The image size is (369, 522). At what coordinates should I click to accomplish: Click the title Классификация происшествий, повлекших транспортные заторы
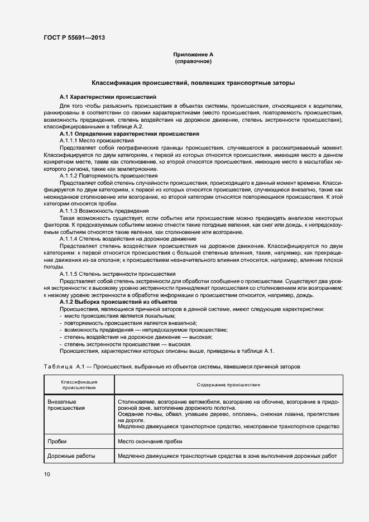coord(193,83)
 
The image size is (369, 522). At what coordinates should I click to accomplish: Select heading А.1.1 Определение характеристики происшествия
coord(129,135)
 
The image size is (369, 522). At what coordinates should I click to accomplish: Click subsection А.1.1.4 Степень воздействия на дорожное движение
coord(120,239)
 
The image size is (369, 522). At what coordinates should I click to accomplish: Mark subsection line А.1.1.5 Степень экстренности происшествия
coord(117,274)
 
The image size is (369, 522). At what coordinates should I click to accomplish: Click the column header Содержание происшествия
coord(229,385)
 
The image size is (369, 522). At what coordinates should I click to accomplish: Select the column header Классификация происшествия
coord(79,384)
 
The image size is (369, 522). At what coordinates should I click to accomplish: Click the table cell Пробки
coord(57,441)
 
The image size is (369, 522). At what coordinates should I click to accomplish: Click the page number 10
coord(47,474)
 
